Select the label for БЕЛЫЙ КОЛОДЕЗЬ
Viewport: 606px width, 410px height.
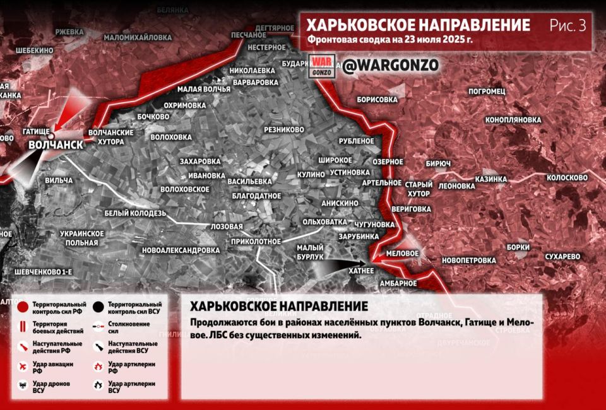coord(135,213)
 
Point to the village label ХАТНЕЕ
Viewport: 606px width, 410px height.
coord(361,270)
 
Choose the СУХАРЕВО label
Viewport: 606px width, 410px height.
coord(562,257)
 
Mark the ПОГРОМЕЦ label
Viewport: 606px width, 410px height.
coord(487,91)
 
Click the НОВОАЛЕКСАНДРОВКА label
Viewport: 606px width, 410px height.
coord(181,250)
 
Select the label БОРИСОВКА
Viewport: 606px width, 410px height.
coord(377,100)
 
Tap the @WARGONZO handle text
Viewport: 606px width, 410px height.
coord(389,65)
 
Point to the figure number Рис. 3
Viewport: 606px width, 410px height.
coord(567,25)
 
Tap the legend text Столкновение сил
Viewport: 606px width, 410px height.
coord(129,327)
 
